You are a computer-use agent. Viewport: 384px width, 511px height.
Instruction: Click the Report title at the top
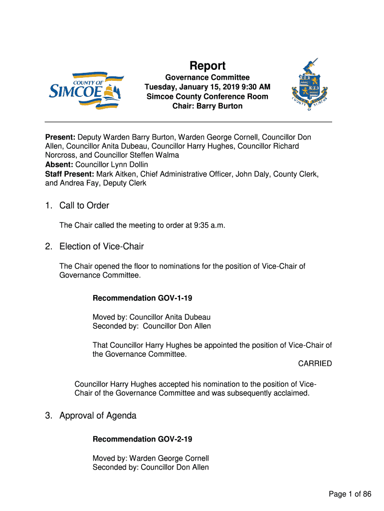click(207, 66)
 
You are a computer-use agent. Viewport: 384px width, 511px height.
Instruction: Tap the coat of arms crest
click(309, 85)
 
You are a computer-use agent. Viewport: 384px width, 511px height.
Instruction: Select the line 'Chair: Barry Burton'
click(207, 106)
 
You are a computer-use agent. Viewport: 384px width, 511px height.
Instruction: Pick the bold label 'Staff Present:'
click(70, 174)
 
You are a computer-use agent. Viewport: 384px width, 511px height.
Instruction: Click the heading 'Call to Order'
click(84, 206)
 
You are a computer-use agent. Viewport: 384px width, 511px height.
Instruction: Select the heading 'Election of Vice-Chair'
click(101, 247)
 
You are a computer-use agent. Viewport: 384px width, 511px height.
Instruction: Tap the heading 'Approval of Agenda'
click(98, 416)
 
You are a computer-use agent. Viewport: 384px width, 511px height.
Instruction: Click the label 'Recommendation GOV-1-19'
click(142, 298)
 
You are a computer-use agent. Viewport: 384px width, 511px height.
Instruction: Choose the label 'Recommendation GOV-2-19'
click(142, 439)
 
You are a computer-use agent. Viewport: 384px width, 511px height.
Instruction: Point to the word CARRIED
click(315, 364)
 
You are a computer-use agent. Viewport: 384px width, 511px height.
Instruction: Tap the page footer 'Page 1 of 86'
click(350, 495)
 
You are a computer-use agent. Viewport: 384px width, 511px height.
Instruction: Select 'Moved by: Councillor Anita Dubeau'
click(151, 317)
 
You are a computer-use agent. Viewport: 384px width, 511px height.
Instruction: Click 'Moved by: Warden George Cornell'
click(151, 458)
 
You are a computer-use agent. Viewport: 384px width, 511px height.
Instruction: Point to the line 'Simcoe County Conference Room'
click(207, 97)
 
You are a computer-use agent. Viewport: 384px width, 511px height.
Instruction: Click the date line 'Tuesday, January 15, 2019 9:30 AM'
click(207, 87)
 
